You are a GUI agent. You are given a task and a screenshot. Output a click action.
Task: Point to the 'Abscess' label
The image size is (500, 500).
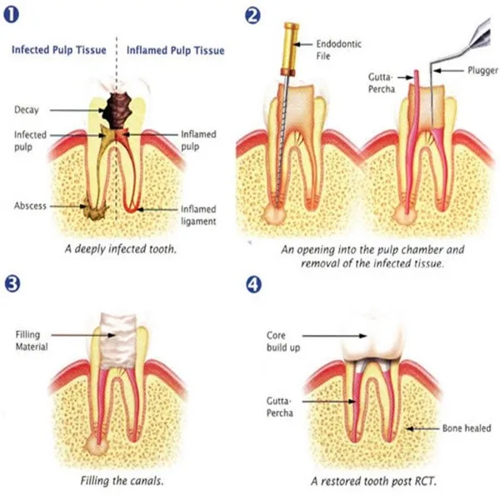[30, 206]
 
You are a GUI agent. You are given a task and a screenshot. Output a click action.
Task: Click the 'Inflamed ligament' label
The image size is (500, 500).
[201, 214]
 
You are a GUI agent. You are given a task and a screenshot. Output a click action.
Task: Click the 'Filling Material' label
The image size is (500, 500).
[32, 341]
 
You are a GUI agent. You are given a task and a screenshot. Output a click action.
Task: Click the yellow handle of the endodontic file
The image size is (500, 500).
[291, 46]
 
